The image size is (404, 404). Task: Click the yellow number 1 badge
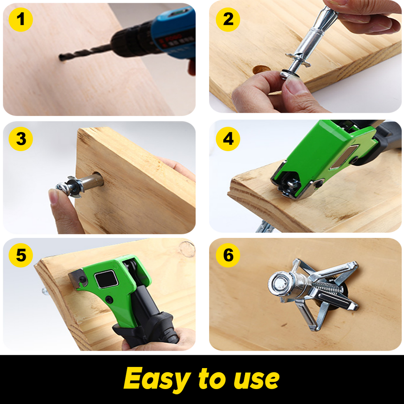21,19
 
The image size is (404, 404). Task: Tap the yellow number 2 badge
228,19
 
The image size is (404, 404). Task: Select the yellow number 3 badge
21,139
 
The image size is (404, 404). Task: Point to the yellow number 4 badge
228,139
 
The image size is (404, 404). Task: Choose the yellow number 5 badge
21,255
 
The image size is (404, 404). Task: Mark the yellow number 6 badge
228,255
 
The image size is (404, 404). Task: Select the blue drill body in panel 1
174,30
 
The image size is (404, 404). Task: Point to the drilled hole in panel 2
261,70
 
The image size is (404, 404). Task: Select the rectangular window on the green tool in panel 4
343,156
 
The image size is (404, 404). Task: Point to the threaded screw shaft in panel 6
327,288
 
